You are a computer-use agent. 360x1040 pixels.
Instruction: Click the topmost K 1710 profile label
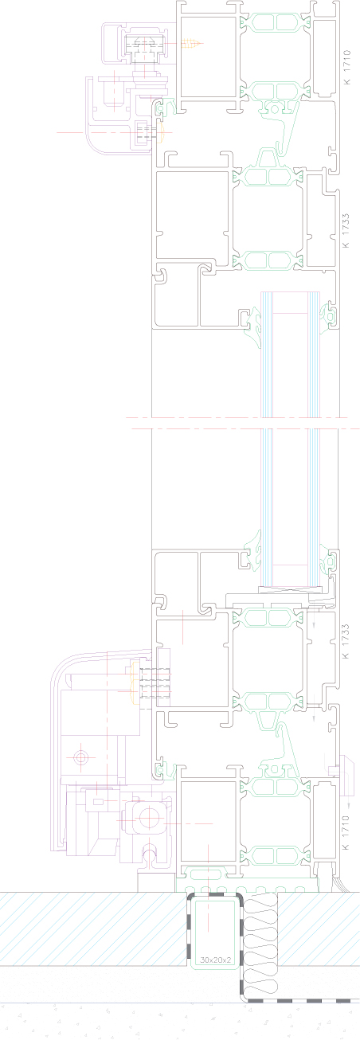(x=346, y=68)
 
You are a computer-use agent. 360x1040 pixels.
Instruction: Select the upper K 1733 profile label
(x=346, y=230)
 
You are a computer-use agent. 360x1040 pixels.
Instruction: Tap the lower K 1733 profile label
(x=346, y=641)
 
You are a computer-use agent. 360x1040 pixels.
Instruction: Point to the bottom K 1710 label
(x=346, y=833)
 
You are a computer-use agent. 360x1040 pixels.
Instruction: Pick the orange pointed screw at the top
(x=192, y=44)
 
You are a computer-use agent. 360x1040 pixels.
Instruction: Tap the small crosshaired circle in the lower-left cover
(x=80, y=758)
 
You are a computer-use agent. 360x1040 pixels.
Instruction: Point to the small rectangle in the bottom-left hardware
(x=98, y=801)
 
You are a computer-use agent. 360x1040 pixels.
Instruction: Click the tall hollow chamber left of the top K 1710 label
(x=324, y=57)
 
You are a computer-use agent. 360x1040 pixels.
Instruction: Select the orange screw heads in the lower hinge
(x=135, y=682)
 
